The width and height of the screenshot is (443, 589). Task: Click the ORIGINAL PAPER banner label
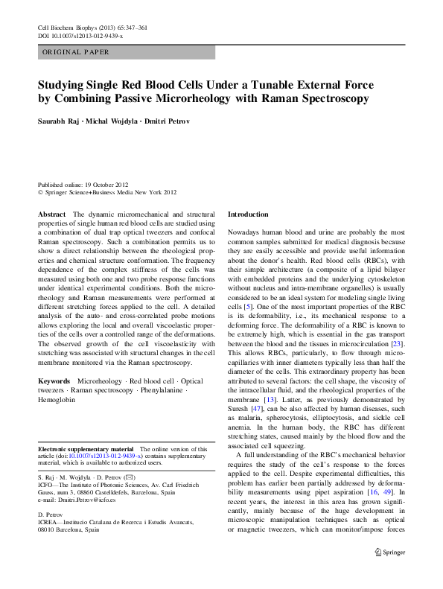tap(75, 52)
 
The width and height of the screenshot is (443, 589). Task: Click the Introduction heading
tap(248, 214)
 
